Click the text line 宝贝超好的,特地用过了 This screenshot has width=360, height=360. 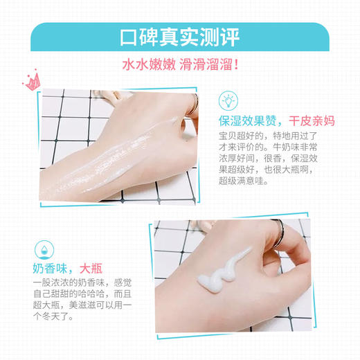(274, 138)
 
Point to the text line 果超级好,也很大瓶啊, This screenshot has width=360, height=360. (274, 186)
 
